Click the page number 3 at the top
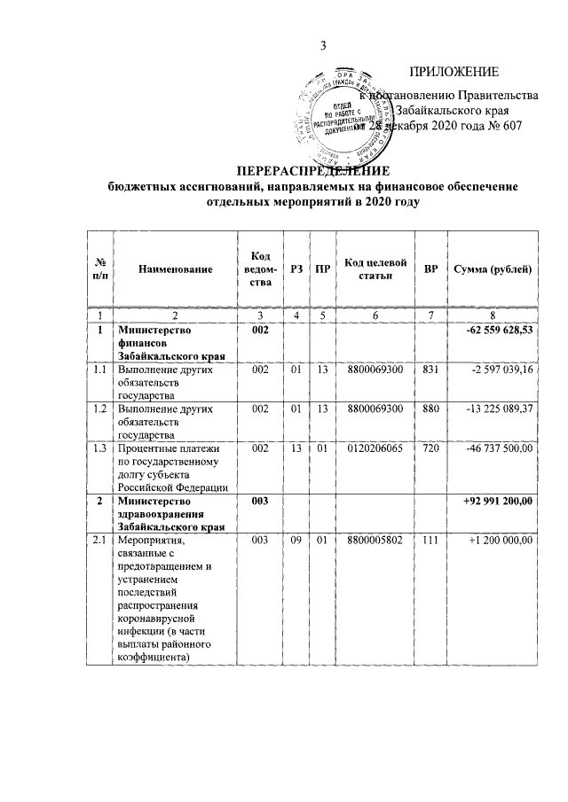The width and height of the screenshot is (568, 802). [324, 45]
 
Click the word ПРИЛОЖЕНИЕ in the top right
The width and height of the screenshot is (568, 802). [454, 72]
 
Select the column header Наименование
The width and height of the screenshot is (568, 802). [175, 269]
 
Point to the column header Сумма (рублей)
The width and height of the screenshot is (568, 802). [493, 269]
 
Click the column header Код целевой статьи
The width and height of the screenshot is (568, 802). [375, 269]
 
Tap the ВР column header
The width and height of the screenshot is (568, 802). [430, 269]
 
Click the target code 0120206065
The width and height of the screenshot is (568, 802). [375, 449]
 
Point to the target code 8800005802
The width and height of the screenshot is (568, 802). [375, 540]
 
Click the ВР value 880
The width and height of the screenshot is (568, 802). [431, 409]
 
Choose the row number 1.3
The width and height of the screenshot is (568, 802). [100, 449]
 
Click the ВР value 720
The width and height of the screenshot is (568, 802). [431, 449]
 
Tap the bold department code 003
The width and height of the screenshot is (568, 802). [260, 501]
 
